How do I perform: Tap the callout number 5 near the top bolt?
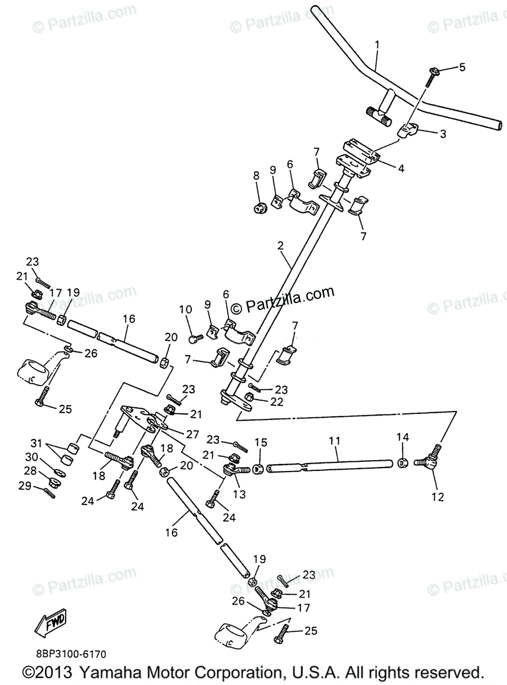point(462,67)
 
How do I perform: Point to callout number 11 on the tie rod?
point(335,441)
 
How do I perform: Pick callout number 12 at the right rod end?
point(437,497)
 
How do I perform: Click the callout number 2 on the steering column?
point(280,247)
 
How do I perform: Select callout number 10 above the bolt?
point(186,310)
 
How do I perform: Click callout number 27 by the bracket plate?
point(193,434)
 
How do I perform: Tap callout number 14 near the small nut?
point(403,437)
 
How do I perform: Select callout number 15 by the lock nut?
point(261,442)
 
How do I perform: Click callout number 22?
point(276,401)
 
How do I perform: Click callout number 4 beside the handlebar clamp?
point(401,168)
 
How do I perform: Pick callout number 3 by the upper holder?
point(442,134)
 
